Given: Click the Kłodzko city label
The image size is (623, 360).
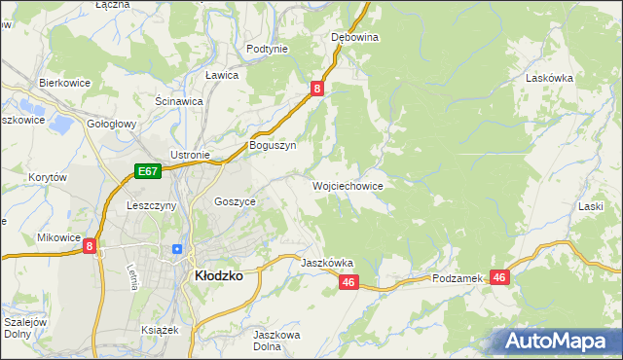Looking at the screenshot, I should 220,275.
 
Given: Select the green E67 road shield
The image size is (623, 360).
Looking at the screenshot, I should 147,172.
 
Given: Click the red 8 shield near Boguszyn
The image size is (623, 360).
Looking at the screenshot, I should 317,90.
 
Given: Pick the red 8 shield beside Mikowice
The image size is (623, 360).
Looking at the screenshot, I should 90,247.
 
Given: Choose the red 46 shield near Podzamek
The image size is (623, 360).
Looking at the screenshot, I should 499,277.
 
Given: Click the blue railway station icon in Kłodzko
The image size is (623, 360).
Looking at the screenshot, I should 176,249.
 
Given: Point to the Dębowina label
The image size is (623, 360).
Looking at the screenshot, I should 354,37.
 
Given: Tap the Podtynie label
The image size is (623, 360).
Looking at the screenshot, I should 267,49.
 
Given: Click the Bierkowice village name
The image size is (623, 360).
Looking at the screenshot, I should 64,83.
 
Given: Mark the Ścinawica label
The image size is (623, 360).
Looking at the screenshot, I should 179,100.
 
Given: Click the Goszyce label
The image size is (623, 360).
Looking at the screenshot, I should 235,201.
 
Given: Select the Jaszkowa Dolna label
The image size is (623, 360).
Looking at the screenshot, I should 274,341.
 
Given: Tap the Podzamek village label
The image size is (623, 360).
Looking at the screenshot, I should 458,278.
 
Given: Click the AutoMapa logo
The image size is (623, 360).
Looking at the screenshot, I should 557,342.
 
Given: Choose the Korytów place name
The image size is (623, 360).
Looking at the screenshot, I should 47,178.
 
